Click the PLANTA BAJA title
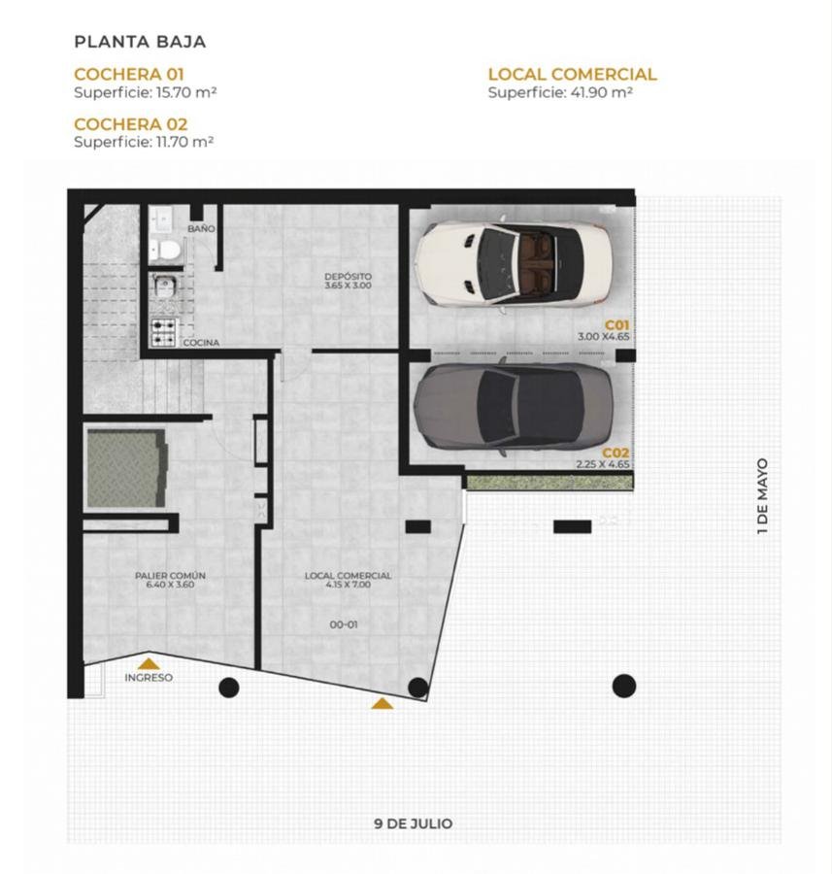[x=140, y=42]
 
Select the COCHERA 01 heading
[x=129, y=74]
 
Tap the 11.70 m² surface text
[x=185, y=142]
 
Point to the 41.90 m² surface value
[x=601, y=92]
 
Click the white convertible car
[x=514, y=262]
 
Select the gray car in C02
[x=514, y=406]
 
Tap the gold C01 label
[x=616, y=325]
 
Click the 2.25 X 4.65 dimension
[x=603, y=464]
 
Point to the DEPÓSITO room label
[x=348, y=277]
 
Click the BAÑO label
[x=201, y=228]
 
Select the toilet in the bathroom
[x=165, y=250]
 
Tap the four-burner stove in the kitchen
[x=164, y=332]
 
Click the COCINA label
[x=201, y=343]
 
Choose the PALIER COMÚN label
[x=170, y=575]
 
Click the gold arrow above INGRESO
[x=149, y=663]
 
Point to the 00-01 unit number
[x=344, y=624]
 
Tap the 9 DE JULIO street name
[x=413, y=824]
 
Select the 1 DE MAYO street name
[x=762, y=496]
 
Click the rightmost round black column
[x=624, y=686]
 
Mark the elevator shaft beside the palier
[x=127, y=468]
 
